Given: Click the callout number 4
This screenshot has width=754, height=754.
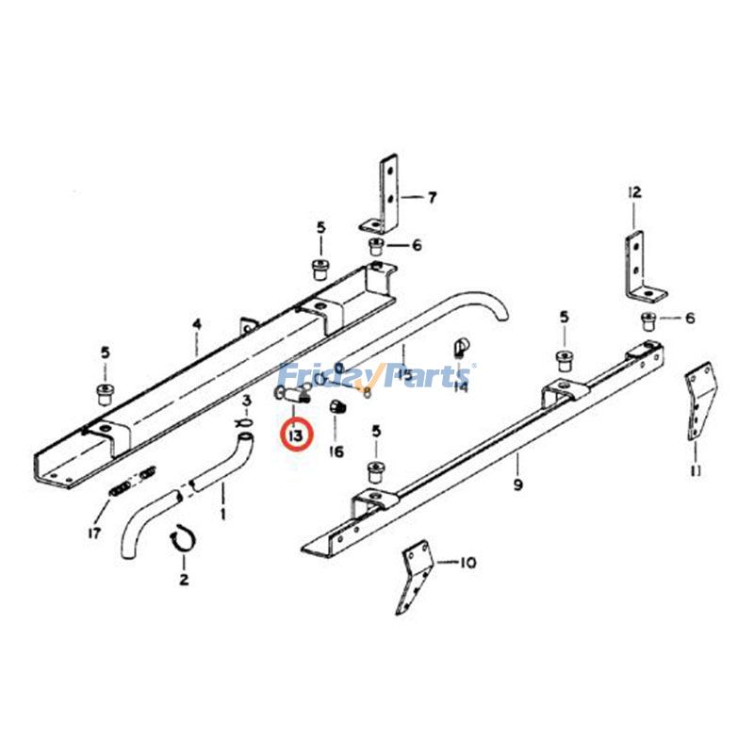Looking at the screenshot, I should (197, 325).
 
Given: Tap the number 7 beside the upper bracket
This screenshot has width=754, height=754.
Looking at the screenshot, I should (432, 198).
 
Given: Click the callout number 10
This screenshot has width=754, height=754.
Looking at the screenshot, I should (467, 564).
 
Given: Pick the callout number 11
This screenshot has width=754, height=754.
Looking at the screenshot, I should (695, 469).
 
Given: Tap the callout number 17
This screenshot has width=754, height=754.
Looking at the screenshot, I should (94, 533).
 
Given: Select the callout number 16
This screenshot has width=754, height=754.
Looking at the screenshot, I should (336, 451).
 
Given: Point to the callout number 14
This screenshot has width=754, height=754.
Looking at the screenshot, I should (460, 385).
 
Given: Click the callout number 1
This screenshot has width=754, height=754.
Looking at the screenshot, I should (222, 515).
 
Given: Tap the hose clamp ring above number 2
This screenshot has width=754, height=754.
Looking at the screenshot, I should (181, 540).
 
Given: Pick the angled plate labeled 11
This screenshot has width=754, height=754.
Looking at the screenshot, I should (699, 405).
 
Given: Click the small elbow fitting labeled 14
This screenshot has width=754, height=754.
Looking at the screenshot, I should (462, 347).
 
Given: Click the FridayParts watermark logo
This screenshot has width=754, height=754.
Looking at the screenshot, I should (377, 377).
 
